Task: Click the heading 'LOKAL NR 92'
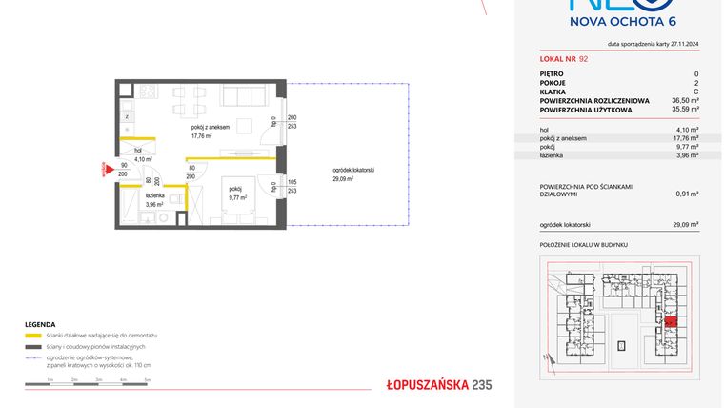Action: (x=564, y=59)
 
